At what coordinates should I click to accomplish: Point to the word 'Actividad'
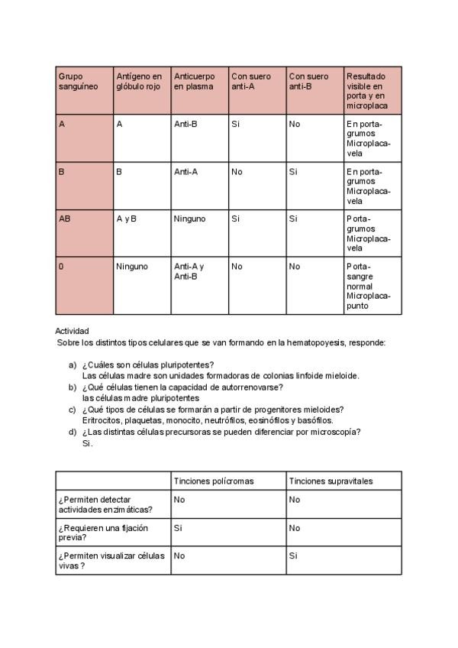[x=73, y=331]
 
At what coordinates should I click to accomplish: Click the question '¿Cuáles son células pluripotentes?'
[x=147, y=364]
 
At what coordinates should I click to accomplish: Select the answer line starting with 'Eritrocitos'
[x=207, y=420]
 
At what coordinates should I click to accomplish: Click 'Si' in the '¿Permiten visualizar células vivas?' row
[x=292, y=556]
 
